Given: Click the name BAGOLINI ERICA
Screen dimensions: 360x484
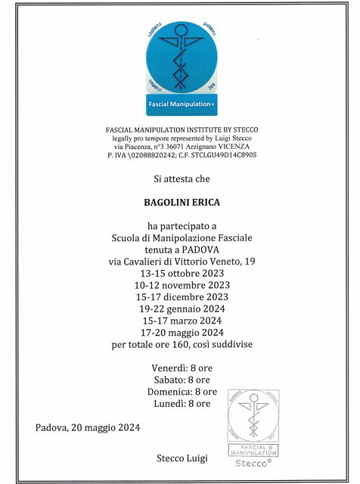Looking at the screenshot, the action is pyautogui.click(x=182, y=203).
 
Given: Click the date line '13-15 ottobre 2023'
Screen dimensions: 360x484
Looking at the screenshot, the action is pyautogui.click(x=182, y=273).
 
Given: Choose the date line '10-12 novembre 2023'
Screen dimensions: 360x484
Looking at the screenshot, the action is pyautogui.click(x=182, y=285).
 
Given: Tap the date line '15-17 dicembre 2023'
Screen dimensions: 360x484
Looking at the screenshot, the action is pyautogui.click(x=182, y=297).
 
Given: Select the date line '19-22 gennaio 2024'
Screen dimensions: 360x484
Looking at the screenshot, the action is pyautogui.click(x=182, y=309).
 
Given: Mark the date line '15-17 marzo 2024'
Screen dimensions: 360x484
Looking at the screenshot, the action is pyautogui.click(x=182, y=321).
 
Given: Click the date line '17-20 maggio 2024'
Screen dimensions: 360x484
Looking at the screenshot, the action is pyautogui.click(x=182, y=333).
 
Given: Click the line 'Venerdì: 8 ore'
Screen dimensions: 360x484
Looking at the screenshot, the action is pyautogui.click(x=182, y=368).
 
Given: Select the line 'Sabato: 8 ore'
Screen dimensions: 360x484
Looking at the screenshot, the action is pyautogui.click(x=182, y=380).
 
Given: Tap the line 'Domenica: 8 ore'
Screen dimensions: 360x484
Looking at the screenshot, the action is pyautogui.click(x=182, y=392).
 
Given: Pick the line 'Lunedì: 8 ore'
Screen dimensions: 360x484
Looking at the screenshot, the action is pyautogui.click(x=182, y=404).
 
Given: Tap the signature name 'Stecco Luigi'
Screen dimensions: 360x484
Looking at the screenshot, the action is pyautogui.click(x=182, y=458).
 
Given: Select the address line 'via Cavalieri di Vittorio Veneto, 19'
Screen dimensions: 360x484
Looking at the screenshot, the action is pyautogui.click(x=182, y=261).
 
